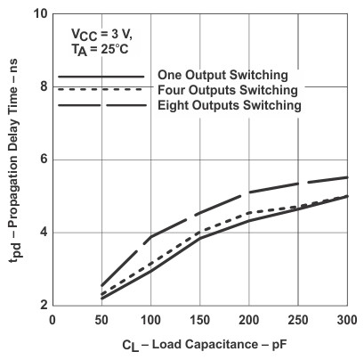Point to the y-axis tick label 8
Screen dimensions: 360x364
[x=42, y=87]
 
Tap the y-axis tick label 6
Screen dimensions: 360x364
[x=42, y=160]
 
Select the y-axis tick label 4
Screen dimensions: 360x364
[x=42, y=233]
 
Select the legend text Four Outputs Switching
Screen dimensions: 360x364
[x=228, y=90]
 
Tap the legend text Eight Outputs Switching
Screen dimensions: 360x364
[x=230, y=105]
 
